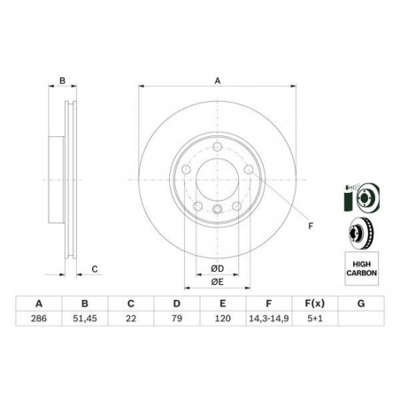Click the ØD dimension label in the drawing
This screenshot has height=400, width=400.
coord(217,268)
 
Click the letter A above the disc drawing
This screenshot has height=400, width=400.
coord(217,81)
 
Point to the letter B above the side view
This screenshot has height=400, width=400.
coord(62,81)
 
